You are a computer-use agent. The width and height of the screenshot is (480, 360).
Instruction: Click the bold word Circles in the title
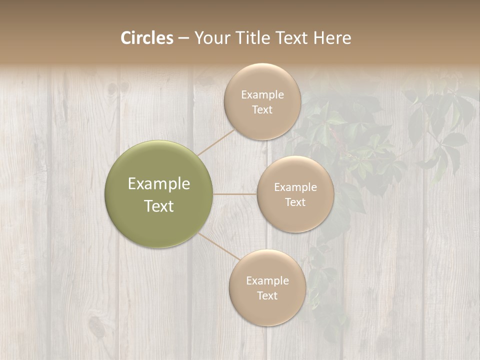pyautogui.click(x=147, y=38)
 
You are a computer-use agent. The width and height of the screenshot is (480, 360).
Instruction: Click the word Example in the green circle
pyautogui.click(x=159, y=184)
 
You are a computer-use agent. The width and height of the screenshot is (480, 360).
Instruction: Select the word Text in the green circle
pyautogui.click(x=159, y=206)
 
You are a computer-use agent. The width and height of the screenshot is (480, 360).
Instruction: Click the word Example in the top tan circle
pyautogui.click(x=262, y=95)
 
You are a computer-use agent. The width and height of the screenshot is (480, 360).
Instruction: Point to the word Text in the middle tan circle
pyautogui.click(x=295, y=202)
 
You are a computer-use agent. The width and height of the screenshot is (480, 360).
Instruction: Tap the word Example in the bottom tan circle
pyautogui.click(x=267, y=281)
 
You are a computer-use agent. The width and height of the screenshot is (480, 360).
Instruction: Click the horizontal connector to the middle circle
pyautogui.click(x=235, y=194)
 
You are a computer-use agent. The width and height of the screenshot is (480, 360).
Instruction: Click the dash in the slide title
pyautogui.click(x=183, y=38)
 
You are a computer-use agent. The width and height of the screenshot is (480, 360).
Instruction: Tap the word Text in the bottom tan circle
pyautogui.click(x=267, y=296)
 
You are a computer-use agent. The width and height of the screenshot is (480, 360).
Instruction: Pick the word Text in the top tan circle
pyautogui.click(x=262, y=110)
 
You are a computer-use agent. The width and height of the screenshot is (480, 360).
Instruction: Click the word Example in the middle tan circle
pyautogui.click(x=295, y=187)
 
